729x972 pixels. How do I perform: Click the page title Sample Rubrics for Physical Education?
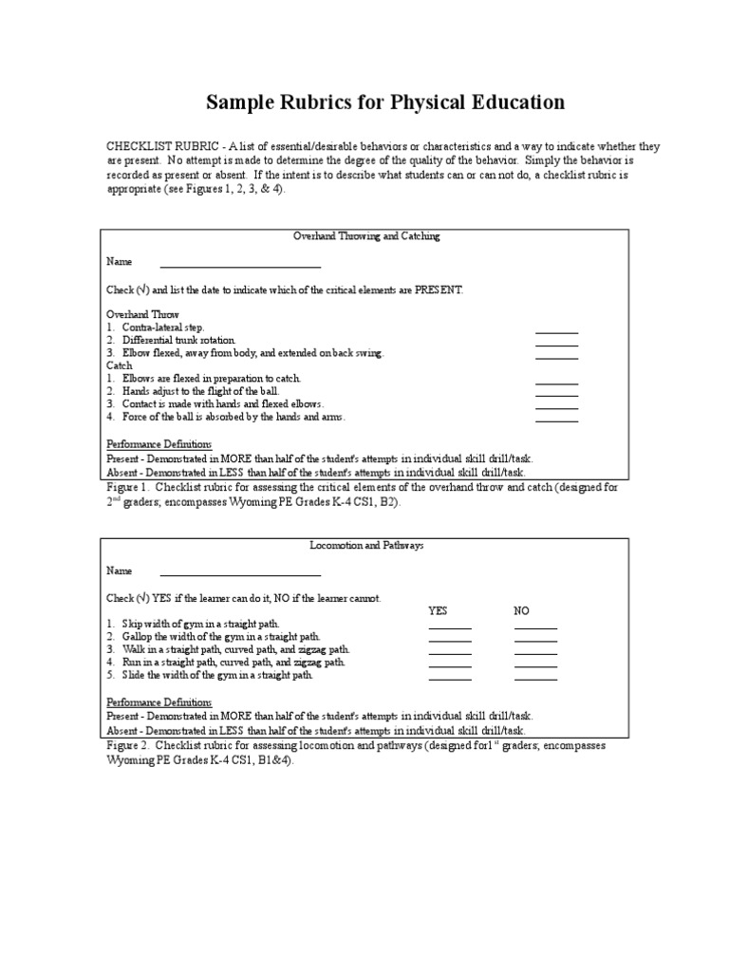pos(385,102)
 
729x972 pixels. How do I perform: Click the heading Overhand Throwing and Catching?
pos(366,236)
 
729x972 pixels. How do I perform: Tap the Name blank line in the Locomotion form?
pos(240,573)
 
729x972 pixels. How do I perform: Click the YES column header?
pos(438,611)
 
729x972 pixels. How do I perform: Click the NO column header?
pos(521,611)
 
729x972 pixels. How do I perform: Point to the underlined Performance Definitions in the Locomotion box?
pos(159,702)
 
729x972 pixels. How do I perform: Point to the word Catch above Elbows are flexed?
pos(120,365)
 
